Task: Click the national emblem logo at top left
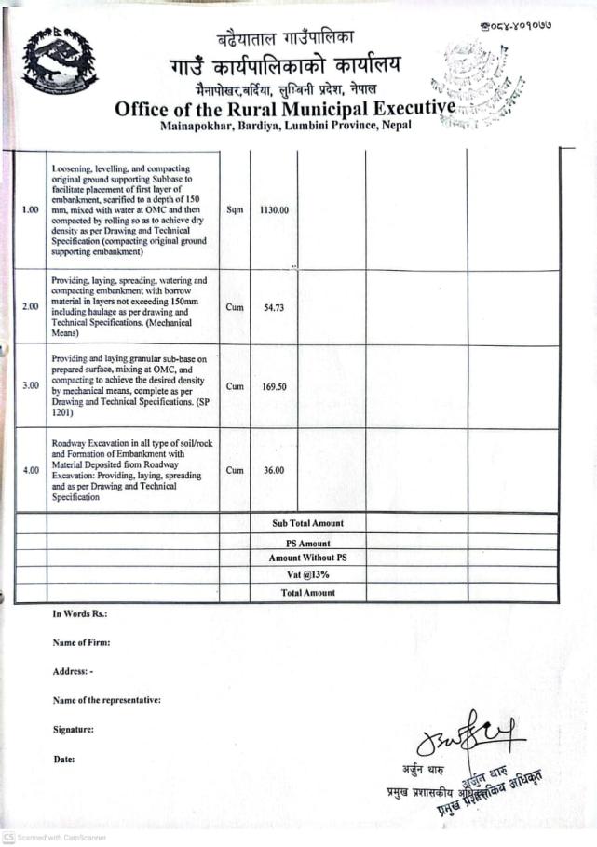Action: click(60, 60)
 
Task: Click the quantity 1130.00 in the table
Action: click(274, 210)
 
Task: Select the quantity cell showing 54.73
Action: click(273, 307)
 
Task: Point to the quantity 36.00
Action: click(273, 471)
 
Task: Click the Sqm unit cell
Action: click(235, 210)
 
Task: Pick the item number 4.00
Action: click(30, 471)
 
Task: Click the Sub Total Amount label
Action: click(307, 524)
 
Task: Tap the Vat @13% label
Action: click(307, 575)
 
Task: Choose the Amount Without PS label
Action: click(307, 558)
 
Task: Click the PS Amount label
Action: click(307, 543)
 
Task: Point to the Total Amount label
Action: click(307, 592)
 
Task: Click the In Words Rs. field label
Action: click(80, 614)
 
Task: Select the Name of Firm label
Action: click(82, 643)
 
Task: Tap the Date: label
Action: click(63, 760)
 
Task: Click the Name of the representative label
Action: click(107, 700)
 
